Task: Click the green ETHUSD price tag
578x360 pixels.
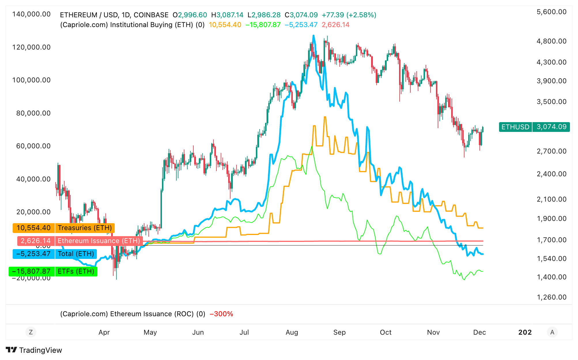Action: coord(515,127)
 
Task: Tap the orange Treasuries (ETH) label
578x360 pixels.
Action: coord(85,228)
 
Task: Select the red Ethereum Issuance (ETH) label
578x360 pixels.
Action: coord(99,241)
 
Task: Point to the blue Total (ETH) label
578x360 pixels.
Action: coord(76,254)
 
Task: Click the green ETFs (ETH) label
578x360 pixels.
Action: coord(76,271)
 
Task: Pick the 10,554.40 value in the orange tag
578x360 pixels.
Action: coord(33,228)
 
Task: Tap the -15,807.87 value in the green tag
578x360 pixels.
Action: coord(32,271)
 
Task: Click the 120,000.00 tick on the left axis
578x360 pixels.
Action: coord(31,47)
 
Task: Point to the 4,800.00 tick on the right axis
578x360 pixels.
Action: coord(551,41)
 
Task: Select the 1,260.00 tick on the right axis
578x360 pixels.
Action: coord(551,297)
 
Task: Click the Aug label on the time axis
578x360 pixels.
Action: coord(292,332)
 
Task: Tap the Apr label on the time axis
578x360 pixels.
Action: coord(104,332)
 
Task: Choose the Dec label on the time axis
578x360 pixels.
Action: coord(479,332)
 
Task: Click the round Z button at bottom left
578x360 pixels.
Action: coord(31,332)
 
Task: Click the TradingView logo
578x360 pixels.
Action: coord(34,350)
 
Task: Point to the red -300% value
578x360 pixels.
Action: coord(221,314)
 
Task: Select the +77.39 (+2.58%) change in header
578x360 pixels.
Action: coord(349,15)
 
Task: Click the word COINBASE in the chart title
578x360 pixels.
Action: coord(151,15)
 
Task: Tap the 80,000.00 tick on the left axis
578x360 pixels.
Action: coord(33,113)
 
